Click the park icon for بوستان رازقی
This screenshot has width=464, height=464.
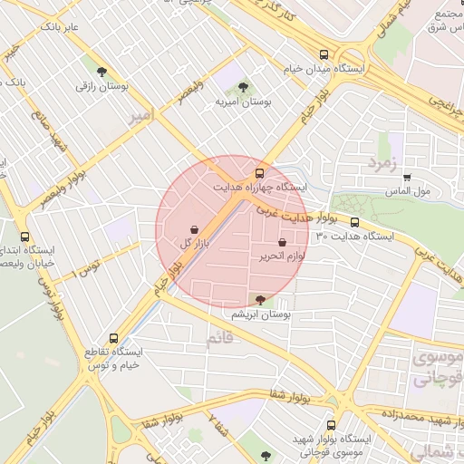click(101, 71)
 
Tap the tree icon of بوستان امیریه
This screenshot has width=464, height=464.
click(242, 87)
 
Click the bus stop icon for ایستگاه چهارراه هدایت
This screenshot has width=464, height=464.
click(260, 171)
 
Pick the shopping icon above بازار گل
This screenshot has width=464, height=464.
click(195, 228)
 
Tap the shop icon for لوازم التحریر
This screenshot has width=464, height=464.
click(283, 243)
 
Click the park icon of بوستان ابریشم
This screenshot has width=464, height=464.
click(260, 299)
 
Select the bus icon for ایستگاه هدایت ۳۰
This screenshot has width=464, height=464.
click(354, 221)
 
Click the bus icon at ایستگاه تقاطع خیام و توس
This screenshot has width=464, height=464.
click(113, 336)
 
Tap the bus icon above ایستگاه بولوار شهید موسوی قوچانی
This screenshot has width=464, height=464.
click(330, 423)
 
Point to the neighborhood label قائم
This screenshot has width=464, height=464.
click(219, 338)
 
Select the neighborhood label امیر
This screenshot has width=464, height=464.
click(164, 117)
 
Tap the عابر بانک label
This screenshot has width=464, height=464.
click(60, 28)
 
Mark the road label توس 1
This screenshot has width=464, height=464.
click(88, 266)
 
